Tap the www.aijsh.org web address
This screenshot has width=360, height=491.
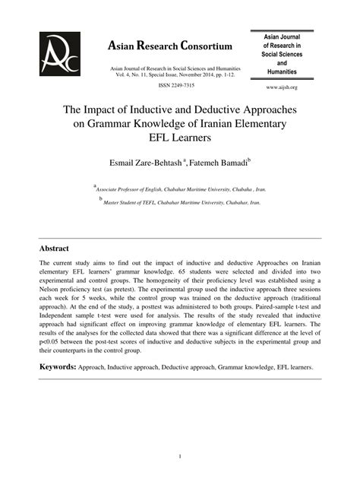pyautogui.click(x=281, y=88)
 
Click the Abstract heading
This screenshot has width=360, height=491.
pyautogui.click(x=55, y=249)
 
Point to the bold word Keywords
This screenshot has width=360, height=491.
pyautogui.click(x=58, y=367)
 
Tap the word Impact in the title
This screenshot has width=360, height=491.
pyautogui.click(x=111, y=109)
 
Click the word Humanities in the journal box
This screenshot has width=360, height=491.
pyautogui.click(x=281, y=72)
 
